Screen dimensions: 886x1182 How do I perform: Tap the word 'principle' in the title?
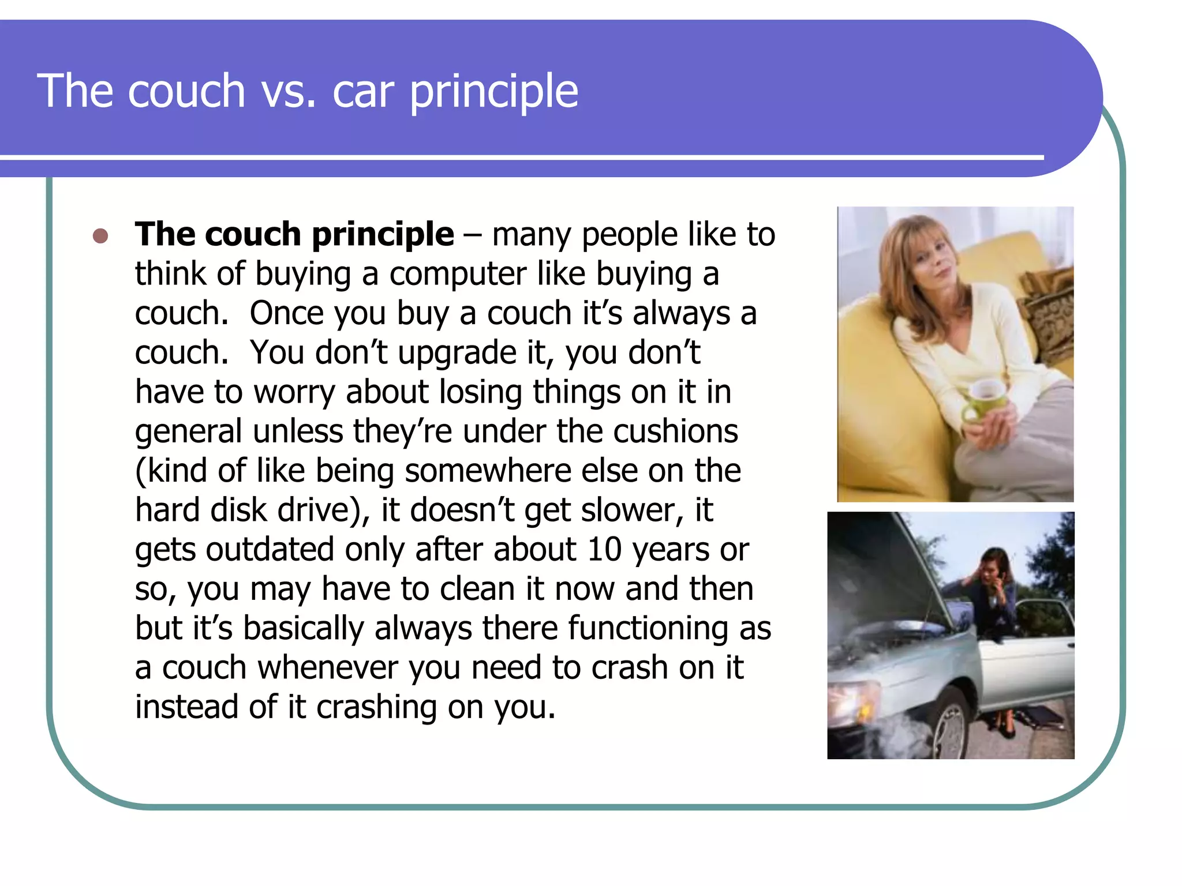tap(493, 92)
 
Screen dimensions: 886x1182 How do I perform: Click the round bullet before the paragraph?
tap(100, 236)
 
